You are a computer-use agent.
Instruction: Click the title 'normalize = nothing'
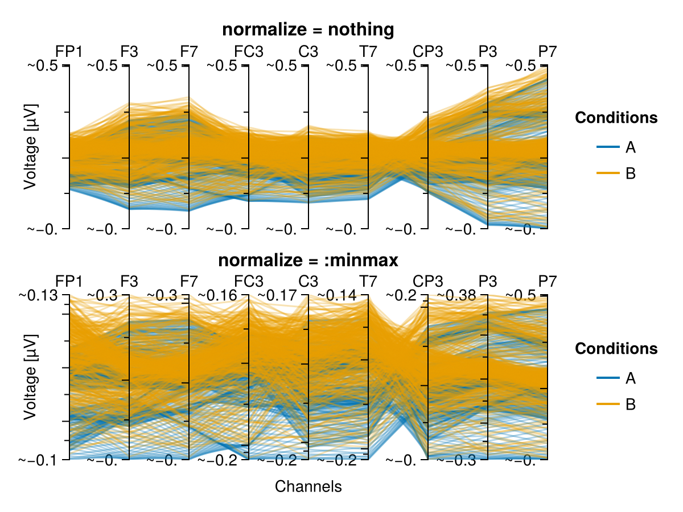point(308,30)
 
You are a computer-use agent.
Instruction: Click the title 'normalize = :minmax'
point(308,260)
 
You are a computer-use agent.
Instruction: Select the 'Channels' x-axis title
point(308,486)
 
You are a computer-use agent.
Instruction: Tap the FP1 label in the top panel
point(69,51)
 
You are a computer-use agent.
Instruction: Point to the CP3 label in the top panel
point(428,51)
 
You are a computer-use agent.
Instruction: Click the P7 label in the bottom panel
point(548,282)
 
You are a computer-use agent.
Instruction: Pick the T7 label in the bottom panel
point(368,282)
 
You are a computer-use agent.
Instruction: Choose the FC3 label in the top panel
point(249,51)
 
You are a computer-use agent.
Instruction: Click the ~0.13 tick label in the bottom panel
point(38,295)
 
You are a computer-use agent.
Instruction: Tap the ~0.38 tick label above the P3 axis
point(456,295)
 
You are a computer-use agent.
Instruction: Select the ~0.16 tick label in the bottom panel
point(217,295)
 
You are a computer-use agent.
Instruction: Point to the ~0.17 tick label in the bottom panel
point(277,295)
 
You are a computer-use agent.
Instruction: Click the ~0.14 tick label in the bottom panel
point(337,295)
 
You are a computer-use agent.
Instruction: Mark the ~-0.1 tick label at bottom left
point(38,460)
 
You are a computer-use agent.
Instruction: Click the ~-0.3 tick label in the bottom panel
point(456,460)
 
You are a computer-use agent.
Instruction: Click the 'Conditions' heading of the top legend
point(616,118)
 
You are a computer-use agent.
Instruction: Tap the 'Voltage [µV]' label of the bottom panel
point(31,377)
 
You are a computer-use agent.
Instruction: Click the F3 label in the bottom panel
point(129,282)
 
